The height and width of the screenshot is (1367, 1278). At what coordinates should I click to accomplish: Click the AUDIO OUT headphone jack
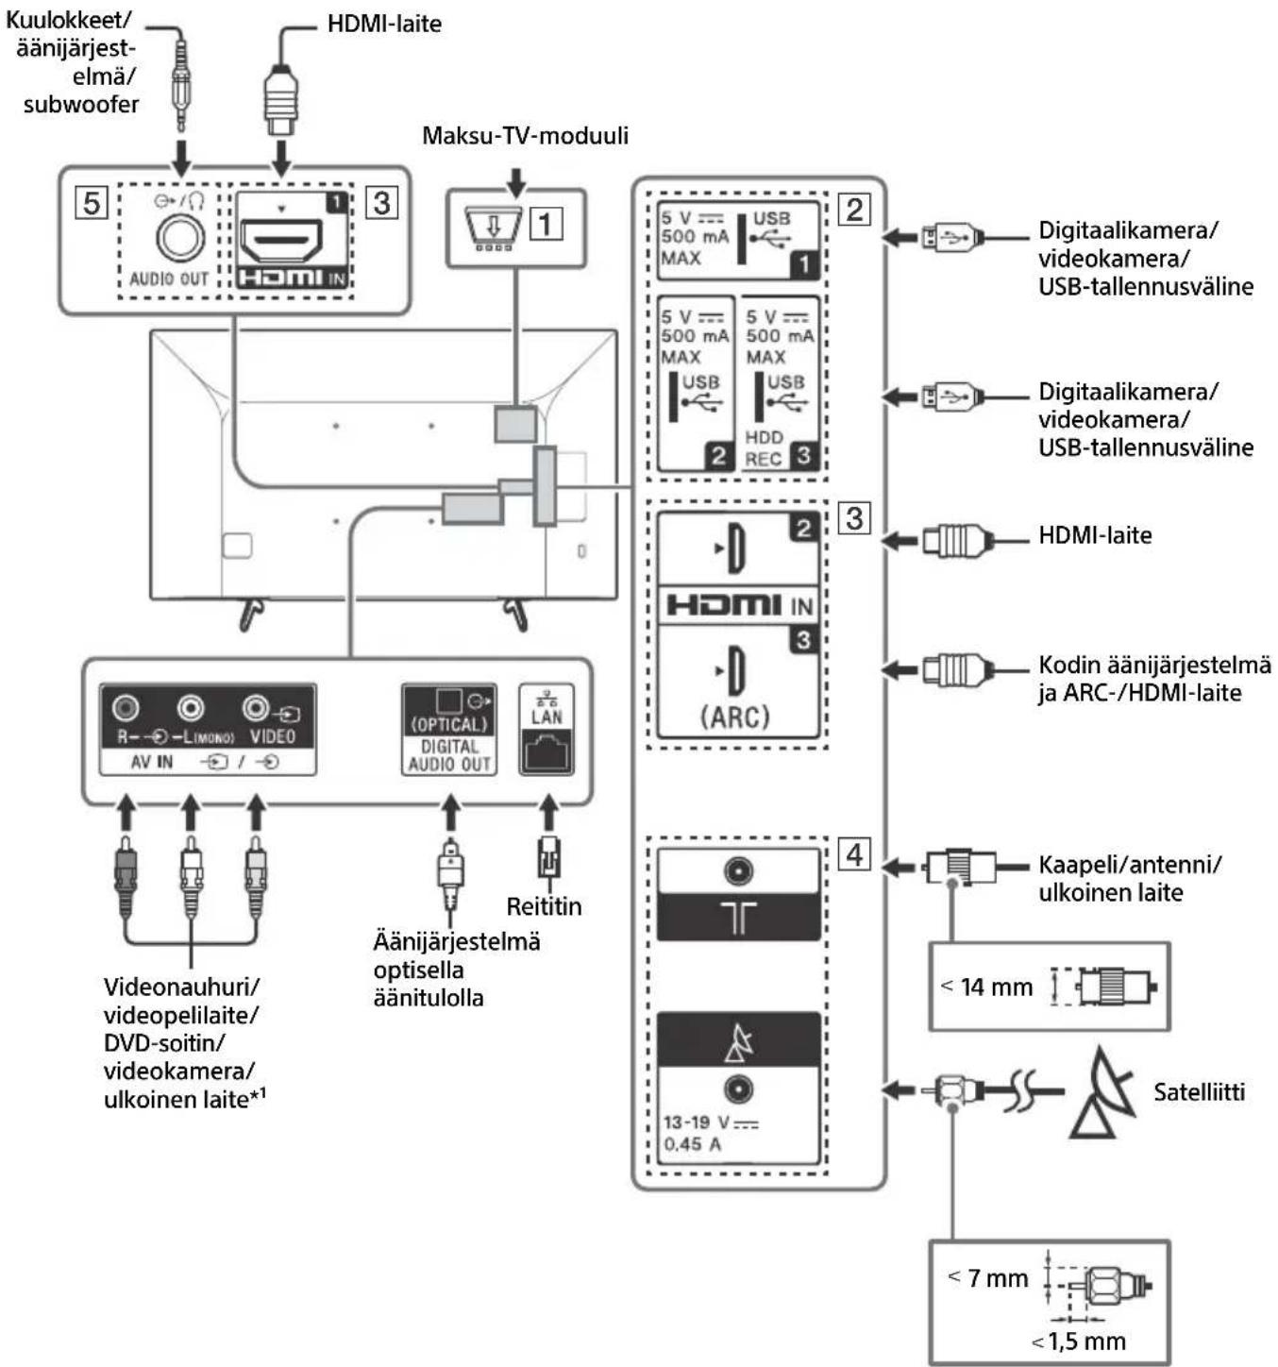(x=179, y=236)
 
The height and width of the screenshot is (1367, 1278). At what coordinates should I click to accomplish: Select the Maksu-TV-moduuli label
(x=525, y=135)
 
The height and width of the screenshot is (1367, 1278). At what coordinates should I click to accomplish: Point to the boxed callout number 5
(x=92, y=202)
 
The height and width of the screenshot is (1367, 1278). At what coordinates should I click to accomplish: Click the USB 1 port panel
(x=737, y=241)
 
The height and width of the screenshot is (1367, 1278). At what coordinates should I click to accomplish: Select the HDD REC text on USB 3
(x=764, y=448)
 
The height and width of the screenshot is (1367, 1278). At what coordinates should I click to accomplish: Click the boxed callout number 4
(x=854, y=854)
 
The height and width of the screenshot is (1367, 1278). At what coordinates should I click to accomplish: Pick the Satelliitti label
(x=1199, y=1092)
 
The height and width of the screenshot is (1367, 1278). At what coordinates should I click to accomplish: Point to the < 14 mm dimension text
(x=986, y=987)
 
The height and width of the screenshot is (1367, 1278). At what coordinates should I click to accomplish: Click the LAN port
(x=547, y=752)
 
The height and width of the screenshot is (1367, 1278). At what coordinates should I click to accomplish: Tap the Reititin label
(x=544, y=906)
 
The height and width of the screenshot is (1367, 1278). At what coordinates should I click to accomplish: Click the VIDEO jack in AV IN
(x=256, y=707)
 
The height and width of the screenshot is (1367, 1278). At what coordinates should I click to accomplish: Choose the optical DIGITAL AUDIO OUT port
(x=449, y=703)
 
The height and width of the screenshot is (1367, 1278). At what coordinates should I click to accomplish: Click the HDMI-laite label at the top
(x=384, y=24)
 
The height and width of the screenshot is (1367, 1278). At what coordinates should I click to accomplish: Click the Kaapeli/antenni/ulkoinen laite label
(x=1129, y=878)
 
